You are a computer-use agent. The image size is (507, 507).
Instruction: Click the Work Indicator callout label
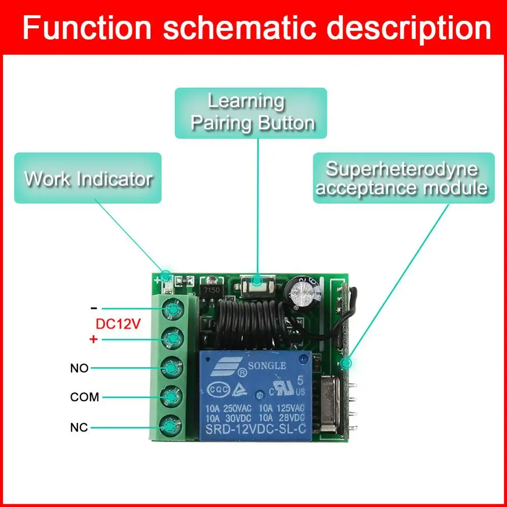click(88, 178)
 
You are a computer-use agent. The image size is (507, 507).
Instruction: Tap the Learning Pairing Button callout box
click(251, 113)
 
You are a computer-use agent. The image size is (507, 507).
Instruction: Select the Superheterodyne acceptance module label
click(403, 178)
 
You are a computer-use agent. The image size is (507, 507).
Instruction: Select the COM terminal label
click(84, 397)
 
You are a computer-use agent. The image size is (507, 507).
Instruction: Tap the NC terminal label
click(79, 427)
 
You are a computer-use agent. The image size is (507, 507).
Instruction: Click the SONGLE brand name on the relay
click(267, 366)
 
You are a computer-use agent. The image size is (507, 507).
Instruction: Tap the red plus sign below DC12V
click(93, 339)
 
